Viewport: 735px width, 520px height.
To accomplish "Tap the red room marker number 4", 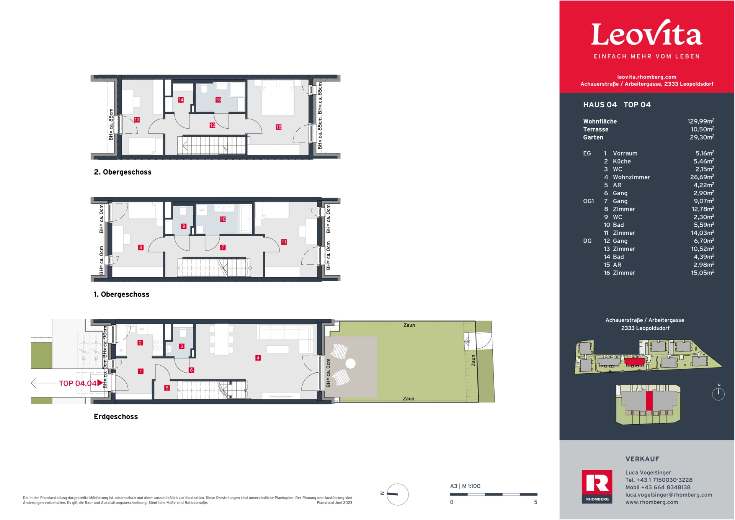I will coord(258,358).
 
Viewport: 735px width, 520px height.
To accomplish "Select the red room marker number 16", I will coord(278,127).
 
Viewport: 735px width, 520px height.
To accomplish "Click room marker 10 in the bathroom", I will coord(223,219).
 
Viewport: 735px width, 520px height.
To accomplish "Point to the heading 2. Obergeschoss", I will coord(122,172).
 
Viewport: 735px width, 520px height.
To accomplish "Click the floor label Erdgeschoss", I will coord(116,416).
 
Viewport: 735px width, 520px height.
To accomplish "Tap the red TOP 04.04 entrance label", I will coord(78,383).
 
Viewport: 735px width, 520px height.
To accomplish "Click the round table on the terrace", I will coord(350,363).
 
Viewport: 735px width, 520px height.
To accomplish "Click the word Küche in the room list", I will coord(622,161).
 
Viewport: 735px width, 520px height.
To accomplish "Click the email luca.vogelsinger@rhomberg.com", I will coord(668,495).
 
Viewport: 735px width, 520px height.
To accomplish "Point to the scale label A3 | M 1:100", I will coord(465,486).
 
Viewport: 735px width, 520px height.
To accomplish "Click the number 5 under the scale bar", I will coord(536,502).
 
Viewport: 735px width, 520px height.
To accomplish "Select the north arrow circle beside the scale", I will coord(397,494).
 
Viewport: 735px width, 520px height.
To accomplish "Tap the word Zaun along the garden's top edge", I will coord(409,325).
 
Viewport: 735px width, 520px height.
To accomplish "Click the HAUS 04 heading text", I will coord(599,105).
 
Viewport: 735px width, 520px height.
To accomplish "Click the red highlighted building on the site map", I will coord(634,361).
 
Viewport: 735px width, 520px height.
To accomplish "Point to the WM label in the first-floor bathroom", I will coord(202,210).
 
